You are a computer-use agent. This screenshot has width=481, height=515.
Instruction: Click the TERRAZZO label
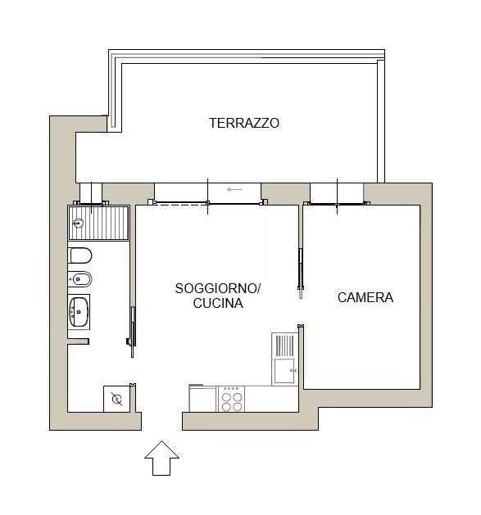pyautogui.click(x=244, y=123)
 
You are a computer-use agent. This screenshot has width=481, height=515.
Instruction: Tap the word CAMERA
pyautogui.click(x=365, y=297)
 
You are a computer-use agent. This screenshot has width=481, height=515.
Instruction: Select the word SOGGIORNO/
pyautogui.click(x=218, y=289)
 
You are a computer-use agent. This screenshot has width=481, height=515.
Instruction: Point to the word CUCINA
pyautogui.click(x=218, y=303)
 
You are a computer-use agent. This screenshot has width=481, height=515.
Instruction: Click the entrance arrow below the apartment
pyautogui.click(x=161, y=458)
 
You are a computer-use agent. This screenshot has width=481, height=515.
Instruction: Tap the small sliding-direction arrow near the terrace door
pyautogui.click(x=234, y=189)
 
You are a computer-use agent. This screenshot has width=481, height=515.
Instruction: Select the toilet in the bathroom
pyautogui.click(x=79, y=255)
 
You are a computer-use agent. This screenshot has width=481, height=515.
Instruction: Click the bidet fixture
pyautogui.click(x=79, y=279)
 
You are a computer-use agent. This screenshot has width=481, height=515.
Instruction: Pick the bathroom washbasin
pyautogui.click(x=79, y=312)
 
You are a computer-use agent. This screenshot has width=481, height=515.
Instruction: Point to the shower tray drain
pyautogui.click(x=78, y=224)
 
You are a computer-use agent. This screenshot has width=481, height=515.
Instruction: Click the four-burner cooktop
pyautogui.click(x=231, y=399)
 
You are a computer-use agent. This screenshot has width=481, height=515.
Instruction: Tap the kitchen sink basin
pyautogui.click(x=284, y=371)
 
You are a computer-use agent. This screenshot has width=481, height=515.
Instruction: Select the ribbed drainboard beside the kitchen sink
pyautogui.click(x=284, y=346)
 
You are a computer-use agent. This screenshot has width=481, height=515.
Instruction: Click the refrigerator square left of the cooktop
pyautogui.click(x=202, y=398)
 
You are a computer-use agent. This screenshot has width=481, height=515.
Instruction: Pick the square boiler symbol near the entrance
pyautogui.click(x=116, y=399)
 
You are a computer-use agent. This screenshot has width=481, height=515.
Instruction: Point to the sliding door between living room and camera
pyautogui.click(x=301, y=273)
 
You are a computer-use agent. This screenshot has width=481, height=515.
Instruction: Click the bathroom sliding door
pyautogui.click(x=132, y=332)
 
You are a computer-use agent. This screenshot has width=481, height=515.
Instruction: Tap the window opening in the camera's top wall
pyautogui.click(x=337, y=194)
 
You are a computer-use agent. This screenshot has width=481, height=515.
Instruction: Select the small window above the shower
pyautogui.click(x=91, y=194)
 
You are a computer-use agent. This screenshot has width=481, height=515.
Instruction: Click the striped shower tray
pyautogui.click(x=98, y=223)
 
